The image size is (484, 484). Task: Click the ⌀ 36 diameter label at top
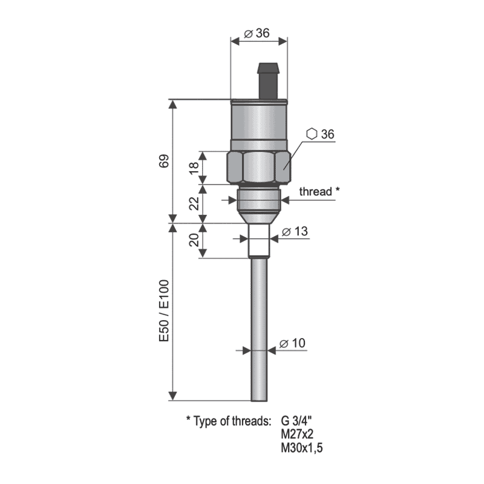(x=257, y=33)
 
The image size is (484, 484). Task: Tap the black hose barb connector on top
(x=268, y=81)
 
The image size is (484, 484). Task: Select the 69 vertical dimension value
(x=164, y=161)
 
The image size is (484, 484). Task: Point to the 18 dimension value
(x=194, y=168)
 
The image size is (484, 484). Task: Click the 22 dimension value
(x=194, y=203)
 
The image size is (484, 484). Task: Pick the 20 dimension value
(x=194, y=240)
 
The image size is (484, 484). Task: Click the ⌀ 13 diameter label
(x=295, y=231)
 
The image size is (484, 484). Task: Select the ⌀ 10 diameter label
(x=292, y=343)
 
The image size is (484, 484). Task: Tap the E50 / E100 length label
(x=164, y=310)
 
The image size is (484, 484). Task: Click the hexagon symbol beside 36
(x=312, y=134)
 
